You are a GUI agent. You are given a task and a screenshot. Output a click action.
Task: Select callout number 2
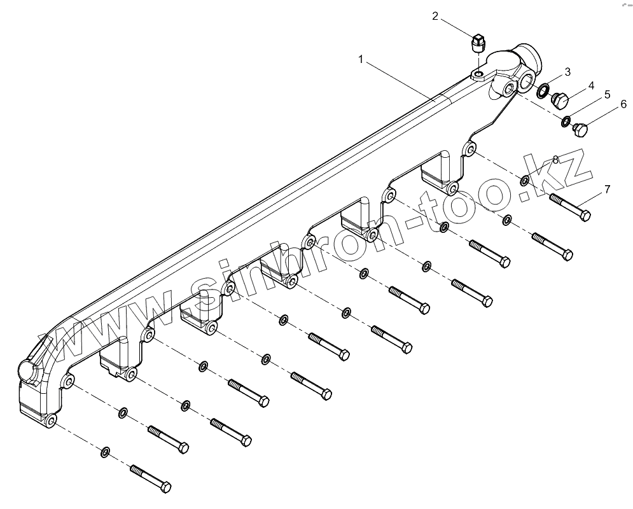pos(435,16)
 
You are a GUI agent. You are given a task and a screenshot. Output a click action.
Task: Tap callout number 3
pos(567,72)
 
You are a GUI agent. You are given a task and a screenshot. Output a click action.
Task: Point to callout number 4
pos(590,85)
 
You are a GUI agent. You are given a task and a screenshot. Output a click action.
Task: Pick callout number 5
pos(607,95)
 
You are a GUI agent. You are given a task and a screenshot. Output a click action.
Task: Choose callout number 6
pos(623,104)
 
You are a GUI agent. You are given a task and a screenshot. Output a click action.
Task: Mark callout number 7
pos(607,189)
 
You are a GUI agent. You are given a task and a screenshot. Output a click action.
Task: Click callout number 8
pos(555,159)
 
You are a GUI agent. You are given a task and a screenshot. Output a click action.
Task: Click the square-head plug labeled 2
pos(478,43)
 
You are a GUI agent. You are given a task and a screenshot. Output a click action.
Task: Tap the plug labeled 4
pos(560,101)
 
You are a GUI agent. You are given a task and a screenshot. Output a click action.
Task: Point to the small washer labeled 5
pos(565,120)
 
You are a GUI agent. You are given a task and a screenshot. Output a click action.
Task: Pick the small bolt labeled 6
pos(580,130)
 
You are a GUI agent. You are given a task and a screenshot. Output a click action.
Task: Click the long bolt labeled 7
pos(569,206)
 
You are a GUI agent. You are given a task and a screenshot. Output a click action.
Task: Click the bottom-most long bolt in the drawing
pos(150,478)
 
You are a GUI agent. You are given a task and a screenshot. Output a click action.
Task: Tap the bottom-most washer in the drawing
pos(105,452)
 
